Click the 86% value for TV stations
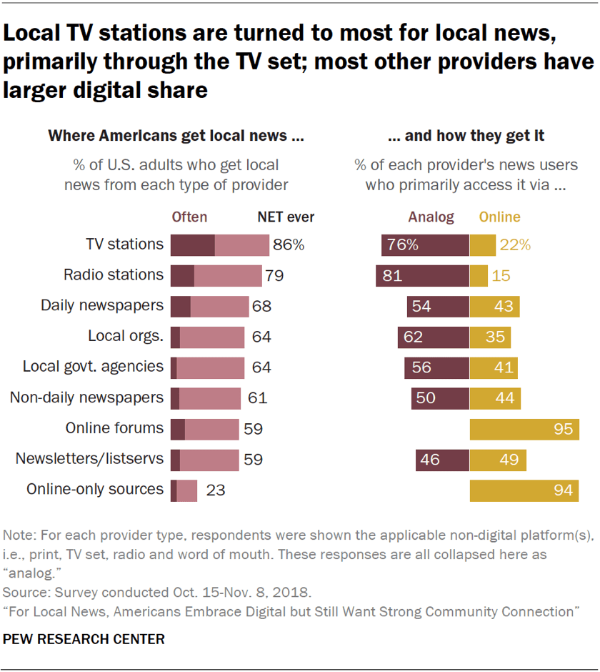[289, 244]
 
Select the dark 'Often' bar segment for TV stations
[192, 244]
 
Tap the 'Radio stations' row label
[114, 275]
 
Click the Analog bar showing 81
[422, 275]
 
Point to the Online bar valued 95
[524, 429]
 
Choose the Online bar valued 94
[524, 490]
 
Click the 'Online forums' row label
[114, 428]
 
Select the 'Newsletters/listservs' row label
[89, 459]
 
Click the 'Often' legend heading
[189, 217]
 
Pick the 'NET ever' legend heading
[286, 217]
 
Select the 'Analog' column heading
[431, 217]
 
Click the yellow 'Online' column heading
[499, 217]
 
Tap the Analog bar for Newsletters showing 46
[442, 460]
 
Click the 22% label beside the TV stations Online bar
[515, 244]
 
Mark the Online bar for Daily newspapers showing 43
[494, 306]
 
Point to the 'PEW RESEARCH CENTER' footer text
[84, 639]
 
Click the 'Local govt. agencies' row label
[93, 367]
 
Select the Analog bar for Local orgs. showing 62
[434, 337]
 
